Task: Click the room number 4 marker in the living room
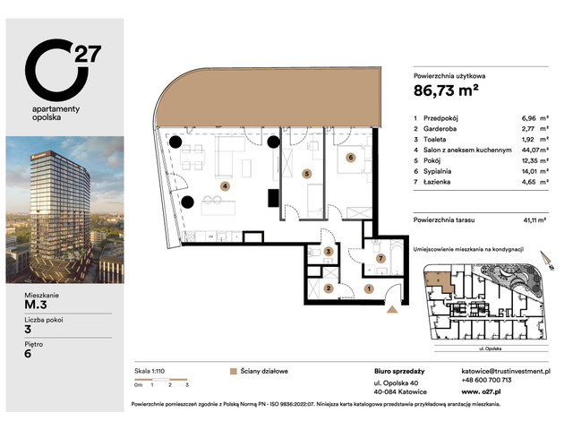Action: coord(225,186)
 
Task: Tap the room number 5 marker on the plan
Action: coord(307,174)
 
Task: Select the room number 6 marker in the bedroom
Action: coord(351,157)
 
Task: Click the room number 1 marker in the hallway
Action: coord(369,288)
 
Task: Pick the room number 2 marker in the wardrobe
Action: coord(329,288)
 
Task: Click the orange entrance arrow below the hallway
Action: coord(392,310)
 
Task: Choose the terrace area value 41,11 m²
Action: coord(535,219)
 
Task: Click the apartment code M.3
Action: coord(39,302)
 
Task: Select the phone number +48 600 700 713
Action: coord(488,380)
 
